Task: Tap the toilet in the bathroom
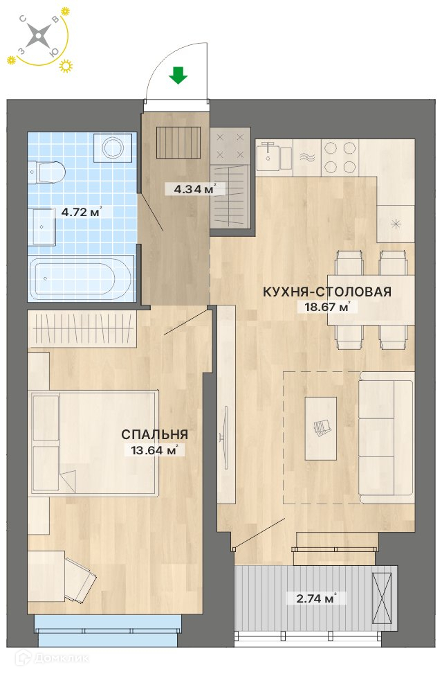(x=46, y=172)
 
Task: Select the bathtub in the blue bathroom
(x=80, y=278)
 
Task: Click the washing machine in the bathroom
(x=113, y=148)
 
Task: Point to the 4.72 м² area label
(x=81, y=212)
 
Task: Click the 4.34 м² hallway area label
(x=194, y=188)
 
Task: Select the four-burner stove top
(x=340, y=157)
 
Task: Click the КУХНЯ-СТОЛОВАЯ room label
(x=327, y=292)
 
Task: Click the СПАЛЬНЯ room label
(x=154, y=434)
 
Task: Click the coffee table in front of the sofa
(x=321, y=429)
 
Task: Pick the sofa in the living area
(x=386, y=437)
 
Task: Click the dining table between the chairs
(x=371, y=300)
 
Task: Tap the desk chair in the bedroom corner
(x=80, y=579)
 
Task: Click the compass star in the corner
(x=38, y=35)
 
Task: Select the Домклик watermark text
(x=52, y=658)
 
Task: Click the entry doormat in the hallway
(x=178, y=142)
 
